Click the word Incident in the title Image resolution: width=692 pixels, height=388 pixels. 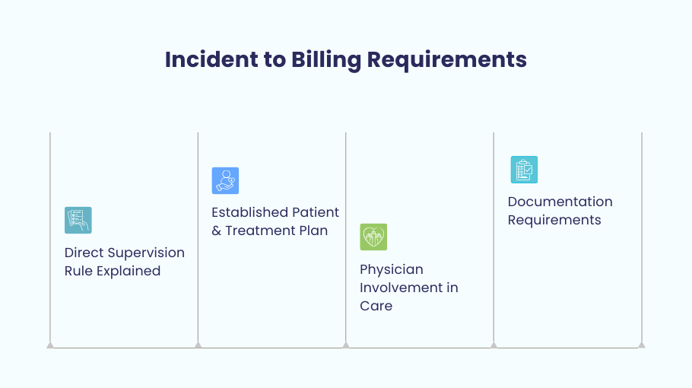[x=211, y=59]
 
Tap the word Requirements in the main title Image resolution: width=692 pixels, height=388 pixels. [x=446, y=60]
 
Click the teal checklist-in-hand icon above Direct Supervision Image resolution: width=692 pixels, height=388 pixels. [x=78, y=221]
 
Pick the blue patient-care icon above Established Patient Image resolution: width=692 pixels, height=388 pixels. [x=226, y=180]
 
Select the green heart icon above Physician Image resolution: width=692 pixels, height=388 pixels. [x=373, y=237]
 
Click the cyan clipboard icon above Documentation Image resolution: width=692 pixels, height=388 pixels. [x=524, y=170]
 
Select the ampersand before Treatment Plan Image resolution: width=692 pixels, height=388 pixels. [x=216, y=231]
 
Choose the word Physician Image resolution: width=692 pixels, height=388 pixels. [x=392, y=270]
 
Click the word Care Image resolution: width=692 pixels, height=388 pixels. [x=376, y=306]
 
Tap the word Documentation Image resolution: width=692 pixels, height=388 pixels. [x=560, y=202]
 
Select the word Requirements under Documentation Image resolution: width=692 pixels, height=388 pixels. [x=554, y=221]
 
